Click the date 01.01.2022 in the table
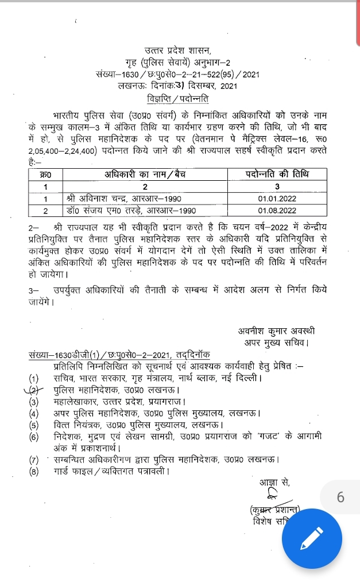point(277,199)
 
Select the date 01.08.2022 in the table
point(277,210)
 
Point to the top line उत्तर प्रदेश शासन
point(180,52)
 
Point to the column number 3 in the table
point(277,187)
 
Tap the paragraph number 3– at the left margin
point(34,292)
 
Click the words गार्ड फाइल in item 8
point(72,472)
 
